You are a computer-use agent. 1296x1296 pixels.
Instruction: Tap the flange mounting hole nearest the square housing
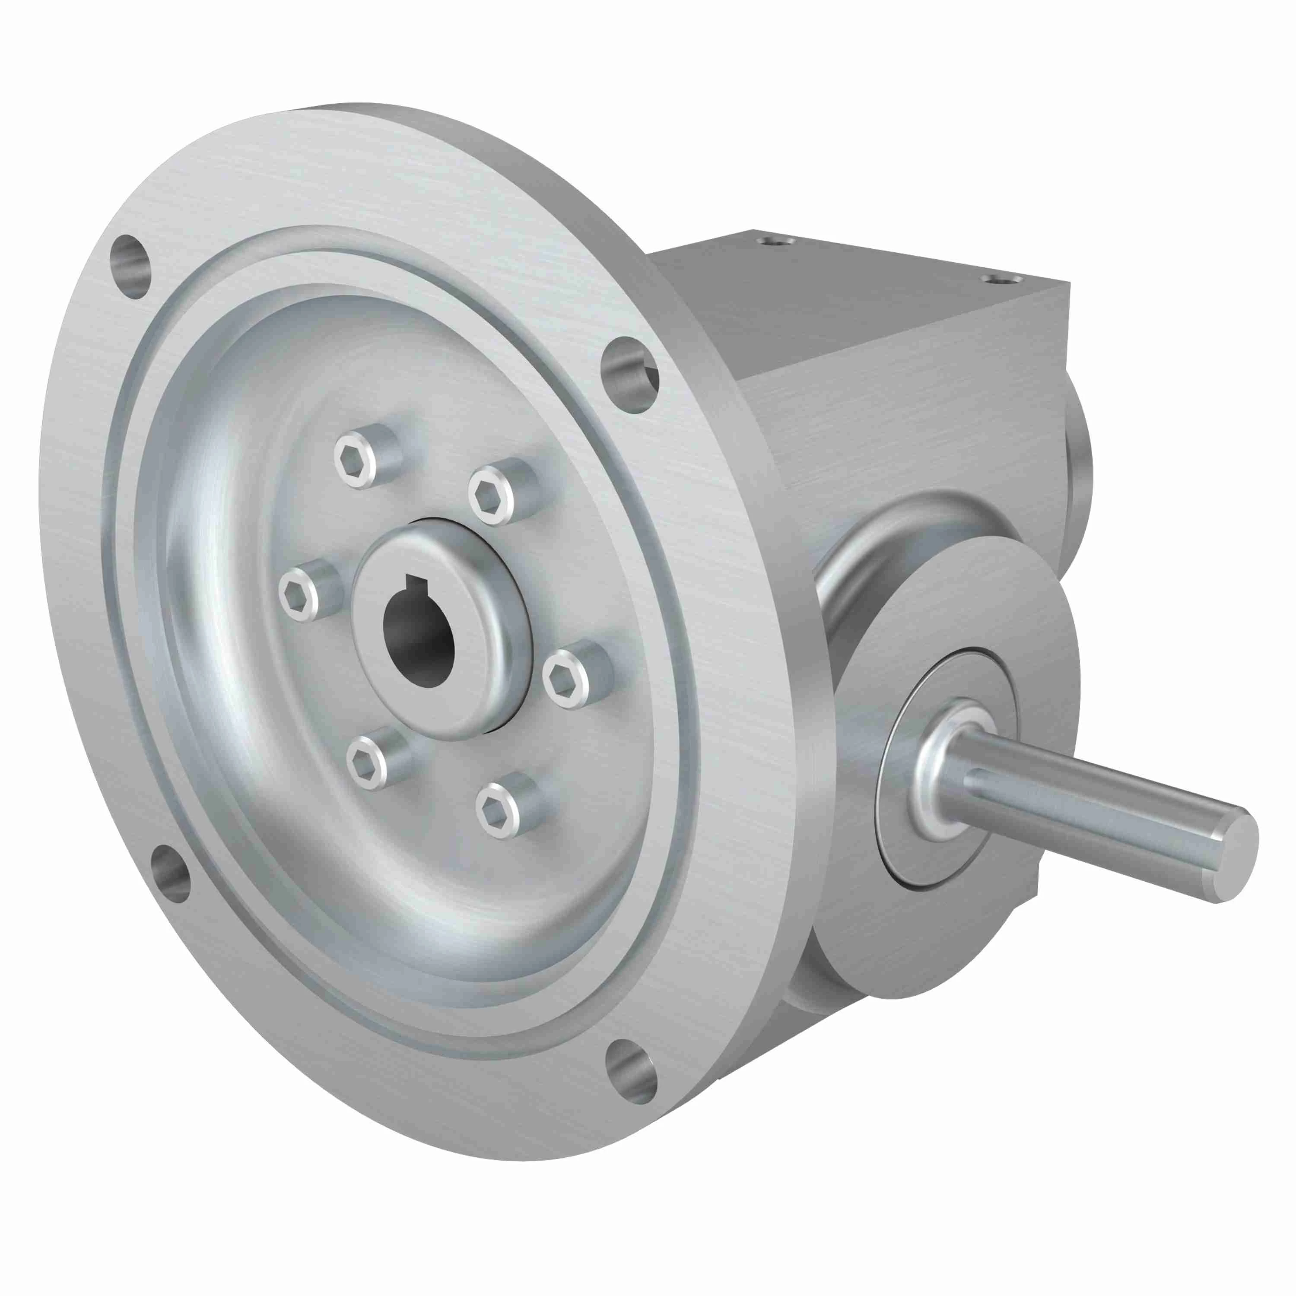click(x=629, y=374)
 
